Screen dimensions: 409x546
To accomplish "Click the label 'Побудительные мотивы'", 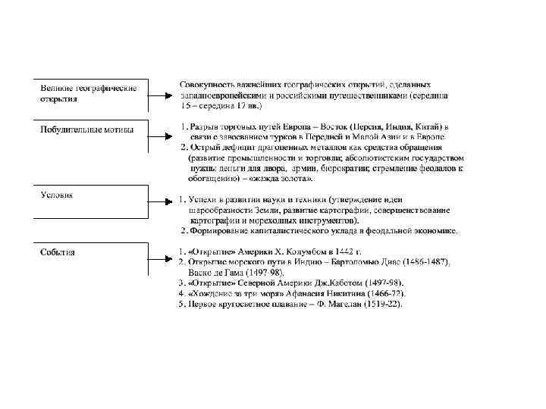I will pos(86,130).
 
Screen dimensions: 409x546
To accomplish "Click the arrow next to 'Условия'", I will pos(161,201).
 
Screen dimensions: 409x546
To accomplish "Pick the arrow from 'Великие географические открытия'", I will pos(161,96).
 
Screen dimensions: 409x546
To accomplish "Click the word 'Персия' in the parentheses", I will pos(371,126).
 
